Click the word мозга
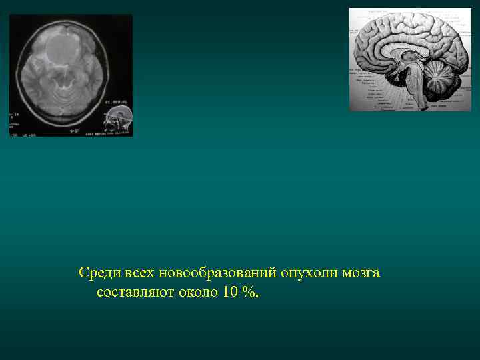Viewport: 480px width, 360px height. click(x=362, y=273)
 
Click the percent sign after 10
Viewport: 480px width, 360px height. click(x=249, y=293)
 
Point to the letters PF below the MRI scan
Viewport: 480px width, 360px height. click(x=75, y=131)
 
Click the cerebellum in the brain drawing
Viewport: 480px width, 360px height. click(x=441, y=79)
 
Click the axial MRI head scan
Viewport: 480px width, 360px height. click(x=71, y=75)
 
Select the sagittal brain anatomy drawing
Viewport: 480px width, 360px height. click(x=409, y=60)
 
